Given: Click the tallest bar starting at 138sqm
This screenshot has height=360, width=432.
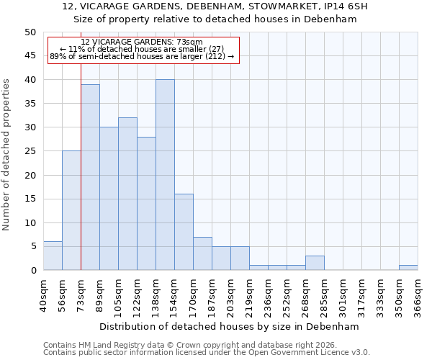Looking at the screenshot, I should click(x=165, y=175).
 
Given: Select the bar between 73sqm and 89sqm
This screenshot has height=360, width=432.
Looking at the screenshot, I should click(x=90, y=177).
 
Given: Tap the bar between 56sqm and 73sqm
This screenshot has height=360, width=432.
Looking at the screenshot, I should click(x=71, y=210).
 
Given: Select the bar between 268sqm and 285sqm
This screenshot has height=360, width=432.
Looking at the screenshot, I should click(x=315, y=263).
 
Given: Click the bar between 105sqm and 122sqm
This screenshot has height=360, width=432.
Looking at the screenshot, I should click(x=127, y=194).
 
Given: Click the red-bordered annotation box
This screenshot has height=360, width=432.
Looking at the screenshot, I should click(x=143, y=50).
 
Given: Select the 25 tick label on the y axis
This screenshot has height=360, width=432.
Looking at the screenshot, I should click(x=30, y=151).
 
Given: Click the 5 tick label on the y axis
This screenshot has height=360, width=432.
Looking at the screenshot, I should click(x=32, y=246).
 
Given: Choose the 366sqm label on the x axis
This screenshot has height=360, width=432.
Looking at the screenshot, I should click(x=418, y=294).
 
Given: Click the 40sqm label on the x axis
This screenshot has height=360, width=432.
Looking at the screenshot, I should click(x=43, y=294).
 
